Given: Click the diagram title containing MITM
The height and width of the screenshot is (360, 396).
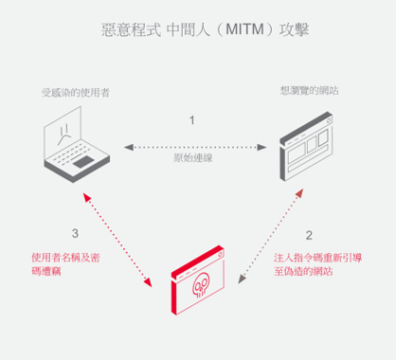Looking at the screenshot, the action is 206,29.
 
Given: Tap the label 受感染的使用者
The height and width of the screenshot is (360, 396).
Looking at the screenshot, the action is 76,93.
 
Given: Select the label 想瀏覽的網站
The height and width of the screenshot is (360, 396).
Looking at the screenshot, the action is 310,91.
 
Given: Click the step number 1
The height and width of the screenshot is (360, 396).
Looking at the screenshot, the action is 191,120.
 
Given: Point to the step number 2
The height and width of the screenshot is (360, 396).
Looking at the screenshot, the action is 309,235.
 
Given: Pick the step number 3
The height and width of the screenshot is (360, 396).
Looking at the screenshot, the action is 75,233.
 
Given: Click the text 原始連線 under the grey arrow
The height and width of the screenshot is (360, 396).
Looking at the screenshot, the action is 193,157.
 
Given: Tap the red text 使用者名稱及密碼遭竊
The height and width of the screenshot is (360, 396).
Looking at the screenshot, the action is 65,264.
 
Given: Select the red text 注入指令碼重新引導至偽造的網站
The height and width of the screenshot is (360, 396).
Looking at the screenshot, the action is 317,264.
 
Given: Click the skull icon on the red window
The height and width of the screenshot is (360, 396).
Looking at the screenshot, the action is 201,285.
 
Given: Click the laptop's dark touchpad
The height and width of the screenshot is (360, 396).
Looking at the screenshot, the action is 83,161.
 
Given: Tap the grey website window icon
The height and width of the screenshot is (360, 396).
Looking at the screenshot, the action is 306,146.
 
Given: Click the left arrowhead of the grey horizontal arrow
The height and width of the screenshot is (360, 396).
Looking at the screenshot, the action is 129,147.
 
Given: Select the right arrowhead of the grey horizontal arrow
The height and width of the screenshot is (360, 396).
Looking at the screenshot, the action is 261,147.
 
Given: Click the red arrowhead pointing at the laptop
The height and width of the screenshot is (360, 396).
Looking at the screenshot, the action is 86,197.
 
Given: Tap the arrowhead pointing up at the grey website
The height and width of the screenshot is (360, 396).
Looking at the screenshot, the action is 299,193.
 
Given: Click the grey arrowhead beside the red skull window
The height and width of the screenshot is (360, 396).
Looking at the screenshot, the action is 242,279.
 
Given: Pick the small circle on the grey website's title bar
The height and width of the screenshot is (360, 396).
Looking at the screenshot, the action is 329,120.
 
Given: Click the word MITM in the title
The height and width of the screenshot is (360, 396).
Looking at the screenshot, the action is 244,29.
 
